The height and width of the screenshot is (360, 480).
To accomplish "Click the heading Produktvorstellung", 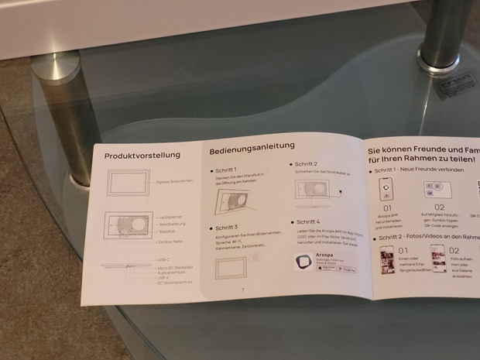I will pos(142,155).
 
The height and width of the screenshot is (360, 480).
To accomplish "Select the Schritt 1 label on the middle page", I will pos(227,169).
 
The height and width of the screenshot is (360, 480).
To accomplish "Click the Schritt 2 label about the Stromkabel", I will pos(305,164).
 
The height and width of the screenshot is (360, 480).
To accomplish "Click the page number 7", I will pos(242,290).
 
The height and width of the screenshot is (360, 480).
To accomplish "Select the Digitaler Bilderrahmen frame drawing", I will pos(129,183).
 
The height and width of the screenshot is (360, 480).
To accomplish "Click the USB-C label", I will pos(163,259).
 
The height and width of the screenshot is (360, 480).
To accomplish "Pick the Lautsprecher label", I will pos(170,218).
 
